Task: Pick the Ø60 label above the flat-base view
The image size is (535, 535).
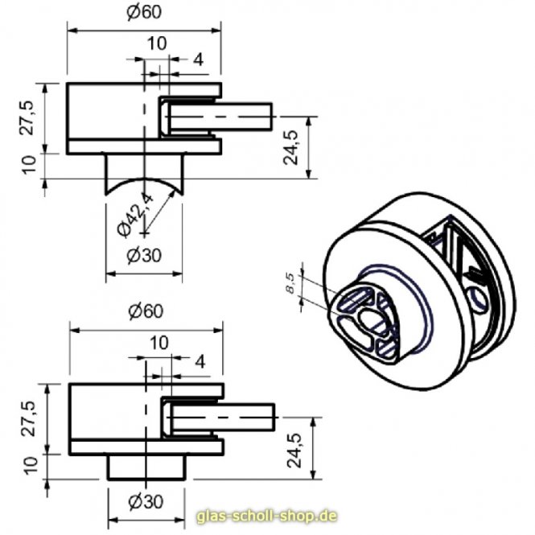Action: (x=147, y=311)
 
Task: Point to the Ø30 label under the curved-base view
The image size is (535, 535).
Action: (x=145, y=256)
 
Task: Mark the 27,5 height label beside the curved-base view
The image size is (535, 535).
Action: (x=29, y=117)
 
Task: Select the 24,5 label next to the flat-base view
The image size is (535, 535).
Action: (x=295, y=448)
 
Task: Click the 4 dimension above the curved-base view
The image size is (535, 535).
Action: (x=198, y=59)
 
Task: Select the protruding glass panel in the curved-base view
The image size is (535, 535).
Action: (x=241, y=117)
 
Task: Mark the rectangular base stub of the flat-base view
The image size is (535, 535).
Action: (x=146, y=467)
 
